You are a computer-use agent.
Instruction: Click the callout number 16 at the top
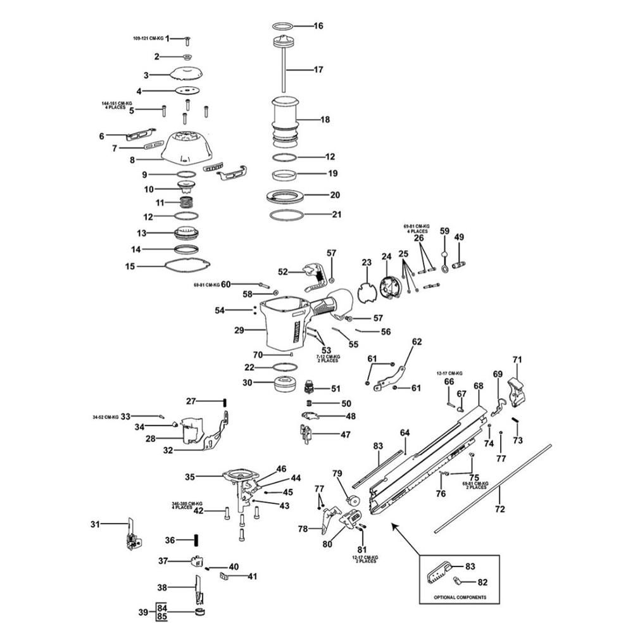coord(318,26)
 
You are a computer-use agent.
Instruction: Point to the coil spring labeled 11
coord(186,203)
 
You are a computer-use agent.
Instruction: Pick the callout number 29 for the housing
coord(239,330)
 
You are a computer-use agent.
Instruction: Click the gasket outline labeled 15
coord(187,266)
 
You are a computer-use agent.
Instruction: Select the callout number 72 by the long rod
coord(499,509)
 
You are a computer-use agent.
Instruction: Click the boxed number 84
coord(161,607)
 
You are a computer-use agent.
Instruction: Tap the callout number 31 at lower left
coord(96,523)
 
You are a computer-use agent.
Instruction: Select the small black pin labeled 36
coord(196,540)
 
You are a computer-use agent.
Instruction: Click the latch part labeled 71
coord(517,389)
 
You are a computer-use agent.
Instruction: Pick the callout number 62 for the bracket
coord(416,342)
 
